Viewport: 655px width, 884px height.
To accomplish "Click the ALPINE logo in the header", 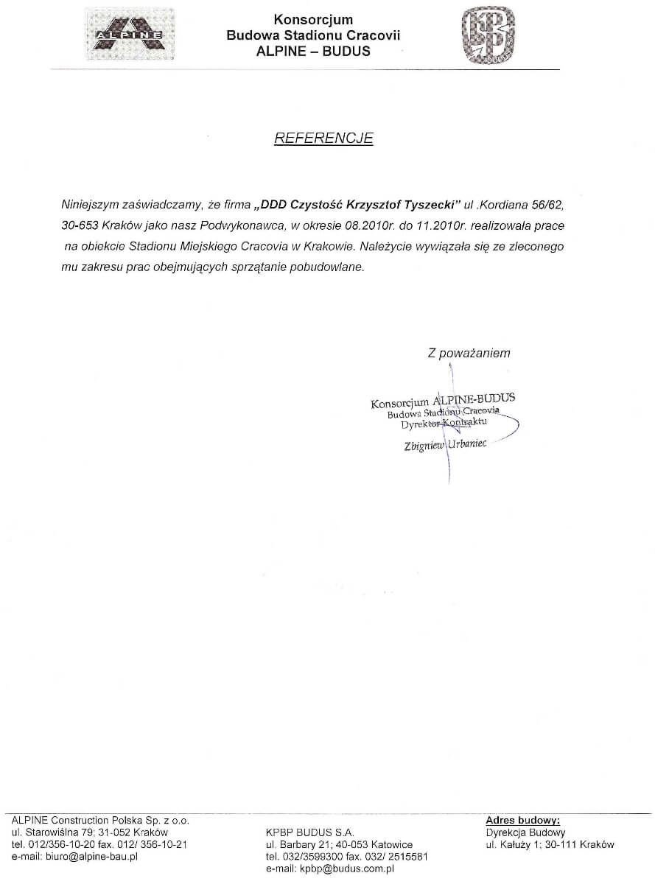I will (130, 33).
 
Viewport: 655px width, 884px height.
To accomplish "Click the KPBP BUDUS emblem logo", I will (487, 35).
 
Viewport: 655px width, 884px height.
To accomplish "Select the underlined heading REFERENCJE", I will (323, 138).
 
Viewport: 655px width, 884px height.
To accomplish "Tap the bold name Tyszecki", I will (419, 203).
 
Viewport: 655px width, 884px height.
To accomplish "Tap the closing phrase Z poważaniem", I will (469, 354).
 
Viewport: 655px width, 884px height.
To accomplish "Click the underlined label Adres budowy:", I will (523, 820).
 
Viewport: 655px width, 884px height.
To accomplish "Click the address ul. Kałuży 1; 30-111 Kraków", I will (550, 844).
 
